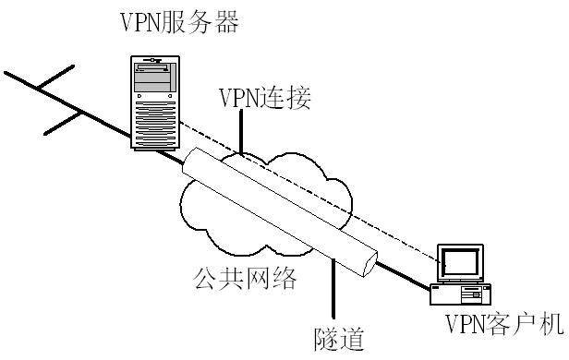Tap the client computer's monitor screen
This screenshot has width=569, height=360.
point(461,263)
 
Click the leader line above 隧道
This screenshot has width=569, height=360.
point(331,290)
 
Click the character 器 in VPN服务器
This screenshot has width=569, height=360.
point(226,20)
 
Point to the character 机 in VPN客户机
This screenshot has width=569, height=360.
point(551,325)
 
